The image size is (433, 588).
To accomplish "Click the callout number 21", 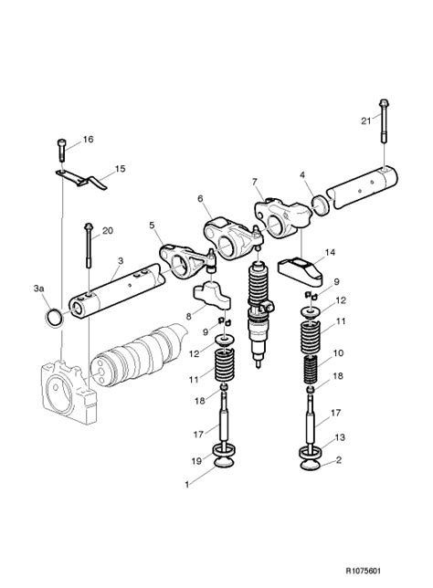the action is [x=365, y=121].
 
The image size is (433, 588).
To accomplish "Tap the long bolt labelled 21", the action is [x=384, y=121].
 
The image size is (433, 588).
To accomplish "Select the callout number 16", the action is [x=89, y=140].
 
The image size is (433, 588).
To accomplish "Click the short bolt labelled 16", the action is [x=61, y=149].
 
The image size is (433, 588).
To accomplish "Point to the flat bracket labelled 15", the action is [x=82, y=179].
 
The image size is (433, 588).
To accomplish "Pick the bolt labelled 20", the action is [x=89, y=245].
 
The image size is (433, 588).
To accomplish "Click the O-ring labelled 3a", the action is [x=54, y=317].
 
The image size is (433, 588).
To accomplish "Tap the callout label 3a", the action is [x=38, y=289].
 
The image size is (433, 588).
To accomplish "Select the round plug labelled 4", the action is [x=321, y=205].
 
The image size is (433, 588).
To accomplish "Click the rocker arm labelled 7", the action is [x=283, y=219].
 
